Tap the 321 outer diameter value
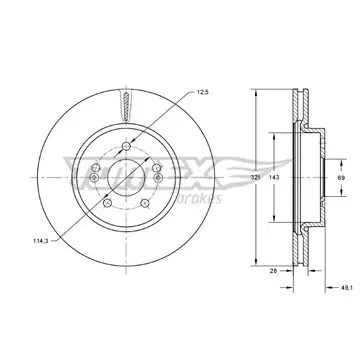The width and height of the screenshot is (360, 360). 255,178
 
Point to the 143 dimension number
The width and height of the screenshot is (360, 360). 274,178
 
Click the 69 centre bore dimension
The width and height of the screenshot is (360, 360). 341,178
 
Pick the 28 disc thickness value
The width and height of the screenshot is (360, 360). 273,271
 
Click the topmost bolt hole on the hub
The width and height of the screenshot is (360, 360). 126,146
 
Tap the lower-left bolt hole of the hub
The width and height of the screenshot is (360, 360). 107,203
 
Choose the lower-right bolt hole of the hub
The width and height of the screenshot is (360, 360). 145,203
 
